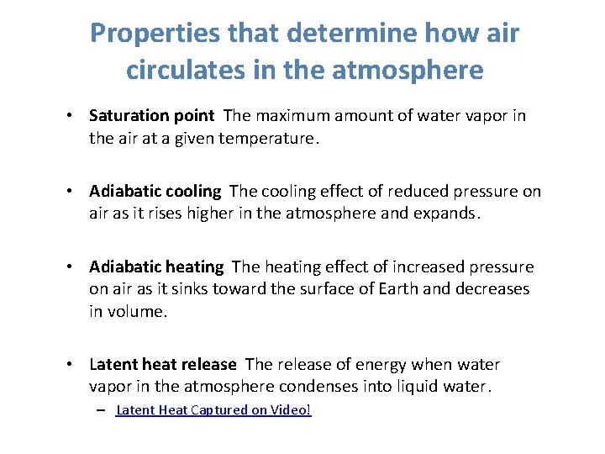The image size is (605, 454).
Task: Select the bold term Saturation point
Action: (x=151, y=116)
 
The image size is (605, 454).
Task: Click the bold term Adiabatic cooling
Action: (x=155, y=192)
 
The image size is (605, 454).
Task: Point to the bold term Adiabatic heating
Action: (x=156, y=267)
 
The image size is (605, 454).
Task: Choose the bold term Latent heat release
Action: (x=163, y=365)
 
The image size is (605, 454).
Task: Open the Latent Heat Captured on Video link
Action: (x=213, y=410)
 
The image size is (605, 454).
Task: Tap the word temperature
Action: (x=268, y=138)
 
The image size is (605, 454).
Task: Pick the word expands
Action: (x=448, y=214)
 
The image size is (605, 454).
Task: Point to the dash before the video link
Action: (x=101, y=410)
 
